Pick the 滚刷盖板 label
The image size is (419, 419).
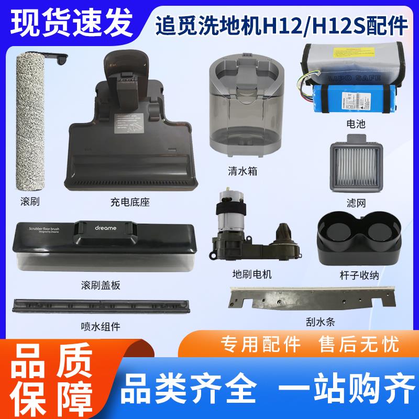point(102,285)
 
